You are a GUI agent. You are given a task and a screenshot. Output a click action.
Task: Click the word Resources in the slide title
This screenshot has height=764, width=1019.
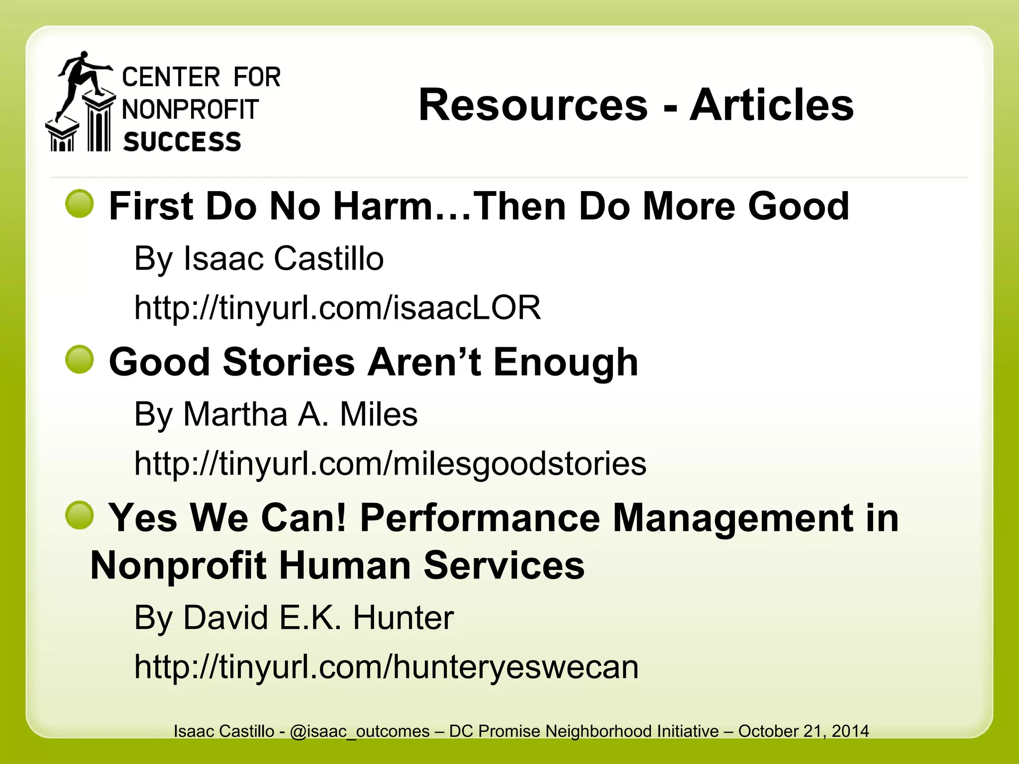pyautogui.click(x=533, y=105)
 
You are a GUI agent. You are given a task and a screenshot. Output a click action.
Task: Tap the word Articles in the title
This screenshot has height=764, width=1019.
pyautogui.click(x=771, y=105)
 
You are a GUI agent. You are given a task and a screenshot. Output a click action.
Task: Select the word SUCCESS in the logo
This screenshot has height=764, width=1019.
pyautogui.click(x=182, y=142)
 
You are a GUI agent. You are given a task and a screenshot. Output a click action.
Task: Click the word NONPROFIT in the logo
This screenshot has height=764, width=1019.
pyautogui.click(x=191, y=109)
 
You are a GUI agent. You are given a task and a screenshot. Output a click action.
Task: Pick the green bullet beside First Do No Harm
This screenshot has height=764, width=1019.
pyautogui.click(x=80, y=204)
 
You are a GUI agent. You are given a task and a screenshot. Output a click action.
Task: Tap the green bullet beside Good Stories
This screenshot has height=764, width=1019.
pyautogui.click(x=80, y=360)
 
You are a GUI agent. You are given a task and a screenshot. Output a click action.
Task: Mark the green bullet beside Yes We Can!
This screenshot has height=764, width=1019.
pyautogui.click(x=80, y=515)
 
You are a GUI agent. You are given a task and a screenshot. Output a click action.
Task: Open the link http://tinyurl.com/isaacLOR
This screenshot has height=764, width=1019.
pyautogui.click(x=337, y=308)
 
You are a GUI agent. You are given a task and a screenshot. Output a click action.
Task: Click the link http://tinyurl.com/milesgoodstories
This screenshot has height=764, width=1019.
pyautogui.click(x=390, y=464)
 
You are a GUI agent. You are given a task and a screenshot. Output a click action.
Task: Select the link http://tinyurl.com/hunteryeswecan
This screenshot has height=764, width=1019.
pyautogui.click(x=386, y=667)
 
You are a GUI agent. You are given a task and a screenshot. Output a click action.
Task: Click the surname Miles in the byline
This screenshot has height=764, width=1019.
pyautogui.click(x=378, y=414)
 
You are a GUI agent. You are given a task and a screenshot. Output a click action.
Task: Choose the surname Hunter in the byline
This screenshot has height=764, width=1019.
pyautogui.click(x=403, y=618)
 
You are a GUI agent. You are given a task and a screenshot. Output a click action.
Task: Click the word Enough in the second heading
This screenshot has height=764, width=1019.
pyautogui.click(x=565, y=362)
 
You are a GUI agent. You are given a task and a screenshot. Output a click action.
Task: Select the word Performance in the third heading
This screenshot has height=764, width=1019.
pyautogui.click(x=480, y=518)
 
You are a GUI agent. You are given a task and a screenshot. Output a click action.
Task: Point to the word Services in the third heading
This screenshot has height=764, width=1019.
pyautogui.click(x=504, y=566)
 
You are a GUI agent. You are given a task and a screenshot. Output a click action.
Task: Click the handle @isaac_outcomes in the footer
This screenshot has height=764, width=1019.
pyautogui.click(x=359, y=731)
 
